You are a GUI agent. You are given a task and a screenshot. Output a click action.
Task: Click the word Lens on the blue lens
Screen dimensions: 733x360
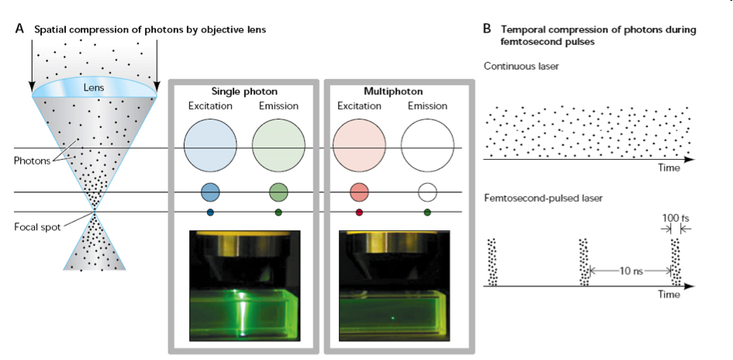[95, 88]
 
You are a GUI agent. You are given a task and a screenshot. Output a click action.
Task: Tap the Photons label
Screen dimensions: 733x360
[30, 161]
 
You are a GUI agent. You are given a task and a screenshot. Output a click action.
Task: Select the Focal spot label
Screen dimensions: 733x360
[37, 227]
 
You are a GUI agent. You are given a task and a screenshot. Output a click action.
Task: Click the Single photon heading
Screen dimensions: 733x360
[244, 92]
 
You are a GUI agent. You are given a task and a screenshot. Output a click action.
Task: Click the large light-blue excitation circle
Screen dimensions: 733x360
[210, 145]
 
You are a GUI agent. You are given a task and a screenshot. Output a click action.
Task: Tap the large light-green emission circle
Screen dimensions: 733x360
[278, 145]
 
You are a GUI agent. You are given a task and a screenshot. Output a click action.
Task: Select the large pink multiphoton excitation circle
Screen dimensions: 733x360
[359, 145]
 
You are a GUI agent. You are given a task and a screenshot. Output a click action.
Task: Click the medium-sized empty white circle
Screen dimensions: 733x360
[427, 192]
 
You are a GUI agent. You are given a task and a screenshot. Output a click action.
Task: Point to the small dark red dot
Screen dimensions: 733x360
[359, 213]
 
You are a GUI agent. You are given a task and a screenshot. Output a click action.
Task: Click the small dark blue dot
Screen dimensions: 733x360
[210, 213]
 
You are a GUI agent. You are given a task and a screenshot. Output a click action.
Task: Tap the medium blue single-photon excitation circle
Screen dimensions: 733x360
[210, 192]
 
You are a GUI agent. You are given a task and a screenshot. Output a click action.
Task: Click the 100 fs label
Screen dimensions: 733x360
[676, 218]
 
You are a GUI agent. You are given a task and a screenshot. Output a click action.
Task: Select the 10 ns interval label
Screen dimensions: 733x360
[631, 271]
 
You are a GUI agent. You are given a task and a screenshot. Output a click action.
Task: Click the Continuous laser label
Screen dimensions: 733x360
[521, 66]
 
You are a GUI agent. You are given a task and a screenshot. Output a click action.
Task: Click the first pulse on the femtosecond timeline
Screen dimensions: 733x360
[493, 261]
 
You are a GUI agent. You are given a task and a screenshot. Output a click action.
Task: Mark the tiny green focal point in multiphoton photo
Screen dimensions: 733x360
[392, 318]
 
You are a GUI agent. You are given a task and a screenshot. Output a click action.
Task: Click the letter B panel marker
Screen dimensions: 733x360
[487, 29]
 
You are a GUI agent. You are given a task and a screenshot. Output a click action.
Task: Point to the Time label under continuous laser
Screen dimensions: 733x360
[669, 168]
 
